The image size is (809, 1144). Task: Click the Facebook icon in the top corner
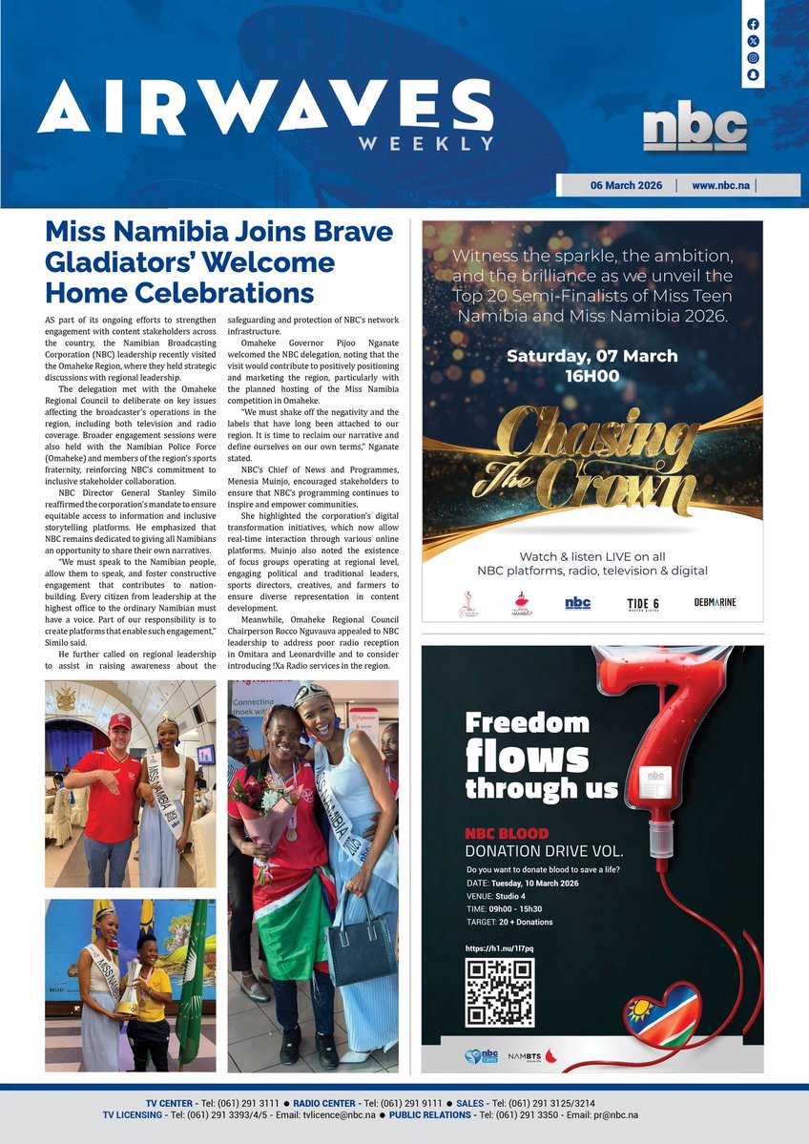(x=753, y=24)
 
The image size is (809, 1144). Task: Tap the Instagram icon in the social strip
(x=753, y=57)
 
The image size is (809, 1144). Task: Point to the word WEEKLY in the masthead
(x=426, y=143)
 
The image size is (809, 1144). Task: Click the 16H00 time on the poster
(x=591, y=376)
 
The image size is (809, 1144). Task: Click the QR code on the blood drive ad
(x=499, y=993)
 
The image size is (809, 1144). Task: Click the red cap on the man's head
(x=119, y=720)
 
